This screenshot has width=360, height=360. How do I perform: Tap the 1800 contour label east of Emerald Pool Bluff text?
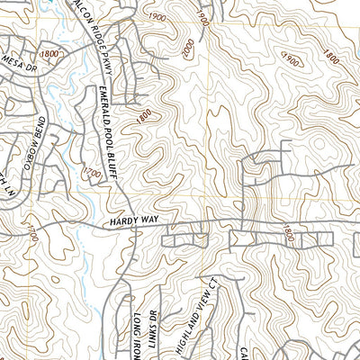pyautogui.click(x=141, y=115)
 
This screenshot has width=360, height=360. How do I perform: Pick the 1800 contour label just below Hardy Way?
pyautogui.click(x=288, y=233)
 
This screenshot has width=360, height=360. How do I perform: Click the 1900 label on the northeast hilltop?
pyautogui.click(x=290, y=58)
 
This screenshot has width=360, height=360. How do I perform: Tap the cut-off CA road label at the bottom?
pyautogui.click(x=243, y=351)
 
